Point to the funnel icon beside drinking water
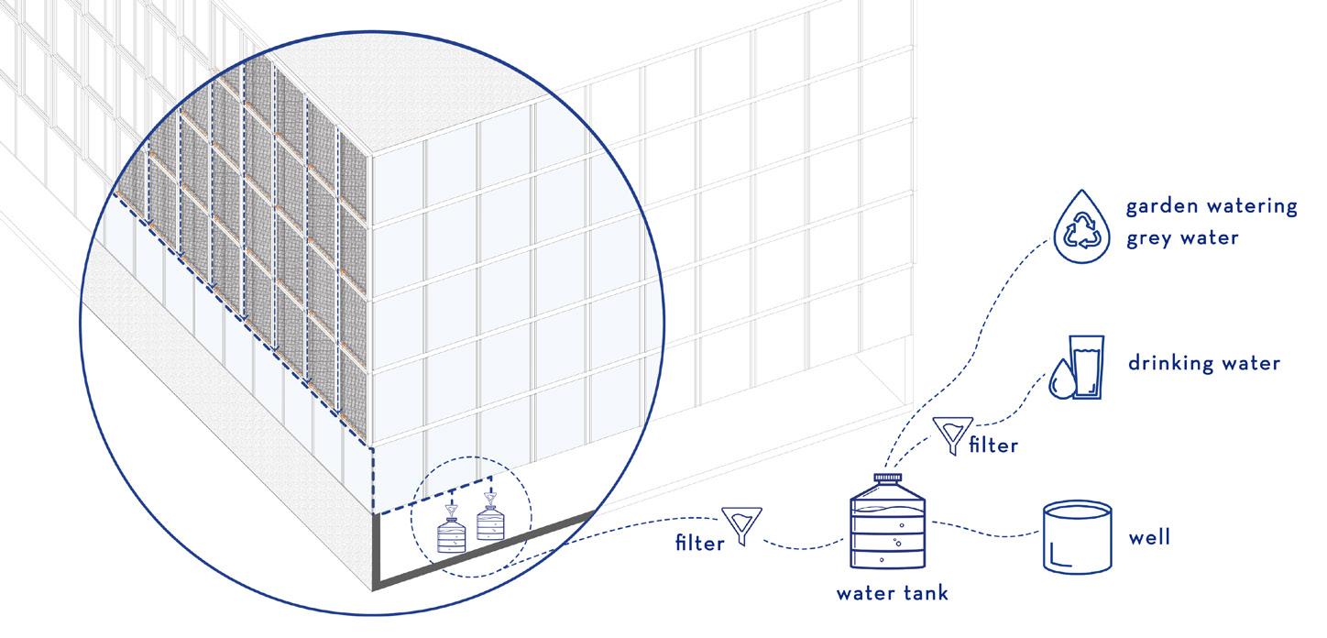tap(953, 433)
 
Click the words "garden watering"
tap(1211, 206)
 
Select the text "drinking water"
tap(1204, 363)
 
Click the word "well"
tap(1149, 536)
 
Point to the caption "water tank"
tap(892, 593)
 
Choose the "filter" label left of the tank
tap(699, 543)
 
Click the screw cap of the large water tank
tap(886, 478)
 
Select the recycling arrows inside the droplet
tap(1081, 232)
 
